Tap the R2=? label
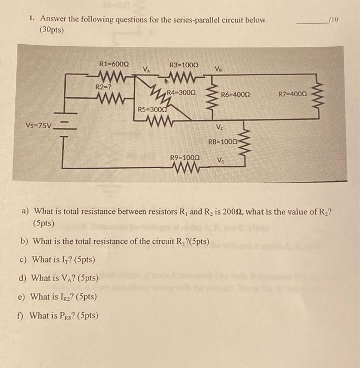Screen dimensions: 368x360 pyautogui.click(x=103, y=87)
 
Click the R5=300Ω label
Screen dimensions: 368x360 pyautogui.click(x=153, y=110)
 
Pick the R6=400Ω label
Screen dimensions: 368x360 pyautogui.click(x=235, y=95)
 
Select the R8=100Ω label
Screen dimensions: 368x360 pyautogui.click(x=223, y=141)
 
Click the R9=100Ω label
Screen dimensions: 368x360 pyautogui.click(x=185, y=158)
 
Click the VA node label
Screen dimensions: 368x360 pyautogui.click(x=148, y=69)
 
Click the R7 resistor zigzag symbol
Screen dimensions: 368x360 pyautogui.click(x=317, y=95)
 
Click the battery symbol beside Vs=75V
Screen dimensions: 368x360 pyautogui.click(x=65, y=126)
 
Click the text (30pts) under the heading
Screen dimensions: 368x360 pyautogui.click(x=51, y=30)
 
